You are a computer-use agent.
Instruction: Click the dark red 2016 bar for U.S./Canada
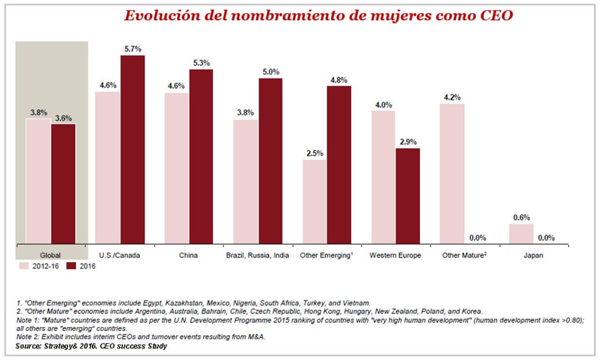(x=132, y=150)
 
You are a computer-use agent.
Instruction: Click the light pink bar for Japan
(x=521, y=234)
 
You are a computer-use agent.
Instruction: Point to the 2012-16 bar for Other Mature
(x=452, y=174)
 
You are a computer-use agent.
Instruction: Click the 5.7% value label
(x=132, y=49)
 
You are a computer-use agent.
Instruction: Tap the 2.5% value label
(x=314, y=153)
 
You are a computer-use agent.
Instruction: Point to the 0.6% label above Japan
(x=522, y=217)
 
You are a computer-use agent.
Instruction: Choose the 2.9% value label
(x=408, y=141)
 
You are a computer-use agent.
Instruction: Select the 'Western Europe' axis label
(x=395, y=255)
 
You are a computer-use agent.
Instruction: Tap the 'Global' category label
(x=51, y=255)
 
